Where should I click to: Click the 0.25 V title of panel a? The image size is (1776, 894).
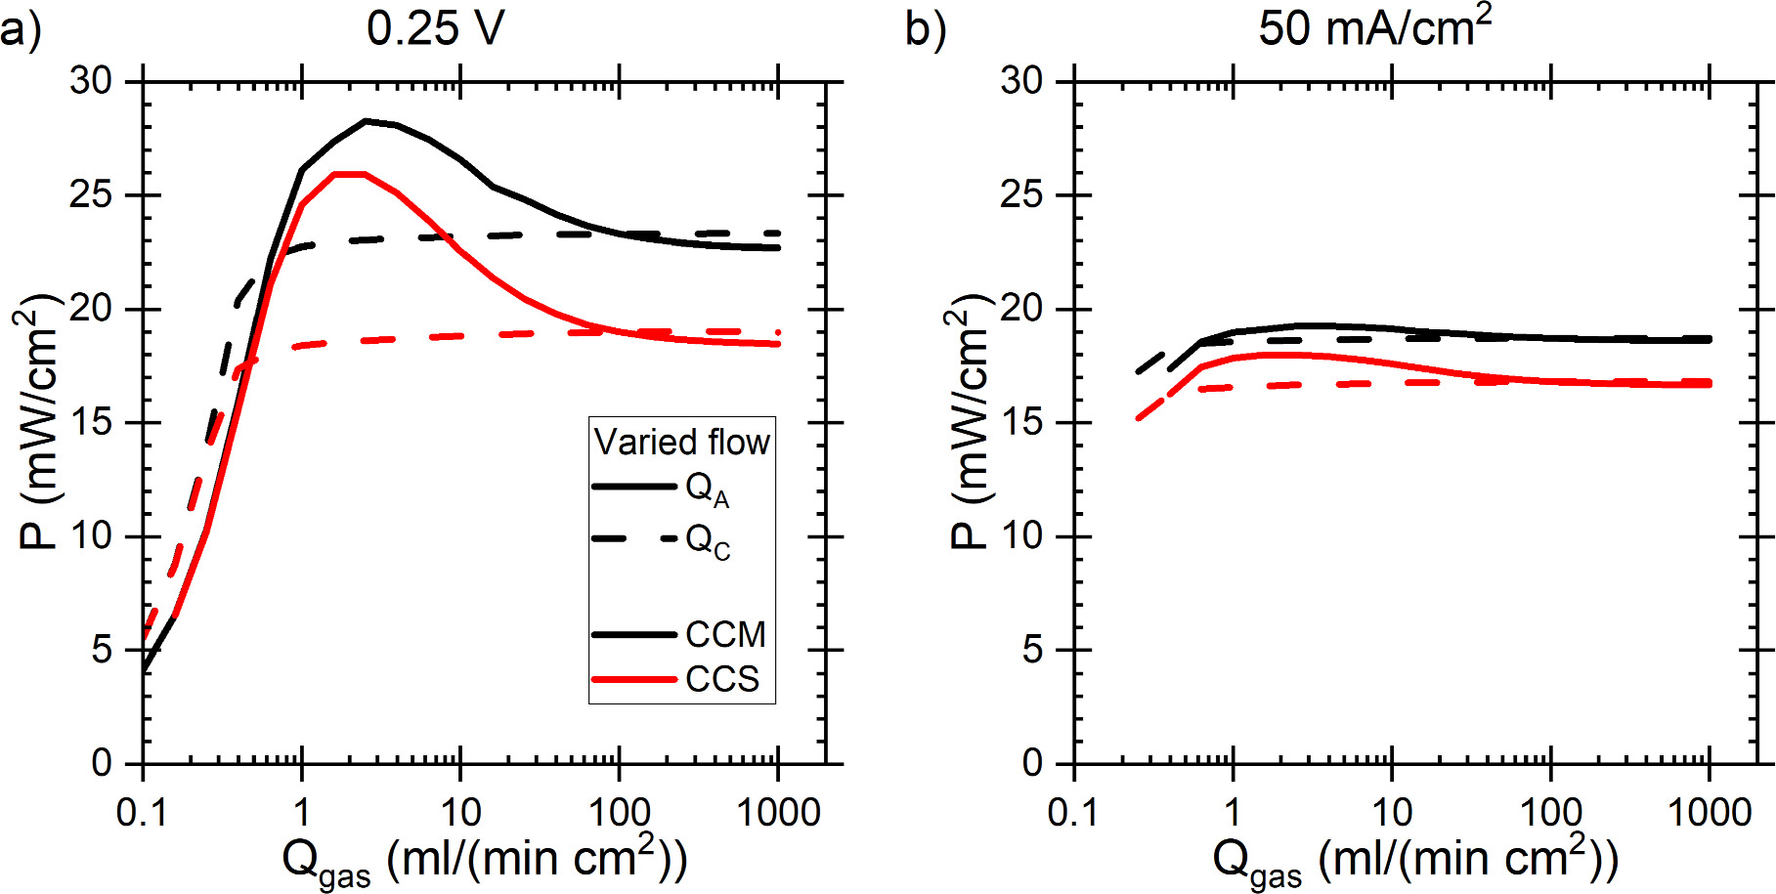point(435,27)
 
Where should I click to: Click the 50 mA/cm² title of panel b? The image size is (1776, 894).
point(1373,27)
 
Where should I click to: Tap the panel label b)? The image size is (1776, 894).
point(925,29)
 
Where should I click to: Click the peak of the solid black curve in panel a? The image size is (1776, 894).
point(366,121)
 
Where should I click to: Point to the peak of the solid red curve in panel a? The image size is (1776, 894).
point(350,174)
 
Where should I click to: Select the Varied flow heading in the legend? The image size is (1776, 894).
point(681,443)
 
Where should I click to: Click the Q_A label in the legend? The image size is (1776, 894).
point(706,489)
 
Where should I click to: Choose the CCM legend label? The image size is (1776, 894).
point(725,635)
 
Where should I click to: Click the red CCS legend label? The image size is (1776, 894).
point(721,679)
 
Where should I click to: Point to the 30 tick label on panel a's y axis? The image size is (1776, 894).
point(92,80)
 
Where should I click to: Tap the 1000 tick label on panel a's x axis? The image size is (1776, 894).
point(778,813)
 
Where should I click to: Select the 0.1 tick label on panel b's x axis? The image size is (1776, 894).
point(1073,813)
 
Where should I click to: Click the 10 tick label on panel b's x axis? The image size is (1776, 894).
point(1392,813)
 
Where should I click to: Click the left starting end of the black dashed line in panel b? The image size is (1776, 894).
point(1139,371)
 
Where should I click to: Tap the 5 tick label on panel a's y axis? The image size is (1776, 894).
point(103,650)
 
